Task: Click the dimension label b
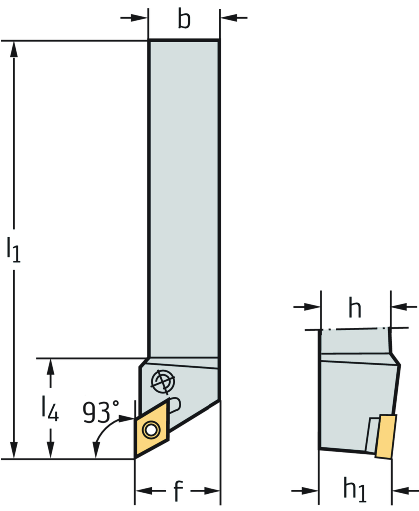pos(184,20)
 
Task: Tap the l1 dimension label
pos(14,250)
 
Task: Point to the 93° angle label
pos(100,412)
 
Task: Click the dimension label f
pos(178,491)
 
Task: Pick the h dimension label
pos(355,308)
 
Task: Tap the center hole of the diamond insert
pos(150,428)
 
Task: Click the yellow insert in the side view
pos(386,436)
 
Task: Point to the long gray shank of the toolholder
pos(184,200)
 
